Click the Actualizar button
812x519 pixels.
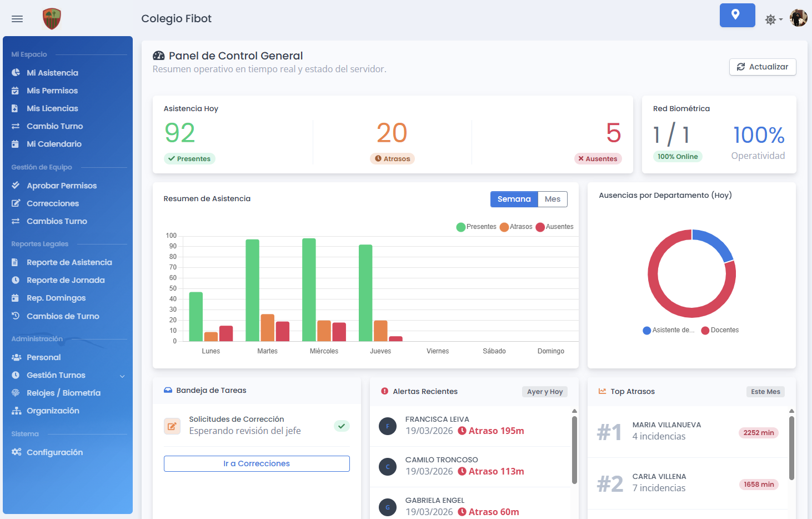(762, 67)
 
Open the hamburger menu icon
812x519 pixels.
(17, 19)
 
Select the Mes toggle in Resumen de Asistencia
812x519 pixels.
(552, 199)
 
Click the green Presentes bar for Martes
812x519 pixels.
(252, 290)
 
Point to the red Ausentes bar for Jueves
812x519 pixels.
(395, 338)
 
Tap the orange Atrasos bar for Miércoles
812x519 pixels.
(324, 331)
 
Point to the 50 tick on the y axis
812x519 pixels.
(173, 288)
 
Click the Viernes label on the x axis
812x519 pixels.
(437, 351)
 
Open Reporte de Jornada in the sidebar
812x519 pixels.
(66, 280)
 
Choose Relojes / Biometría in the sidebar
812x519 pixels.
(63, 393)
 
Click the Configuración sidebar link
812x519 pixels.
(54, 452)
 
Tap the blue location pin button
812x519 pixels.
(737, 15)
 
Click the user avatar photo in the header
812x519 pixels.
(798, 18)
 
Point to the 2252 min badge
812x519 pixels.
(758, 433)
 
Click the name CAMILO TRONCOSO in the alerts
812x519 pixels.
(442, 460)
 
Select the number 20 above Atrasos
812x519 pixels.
(392, 133)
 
